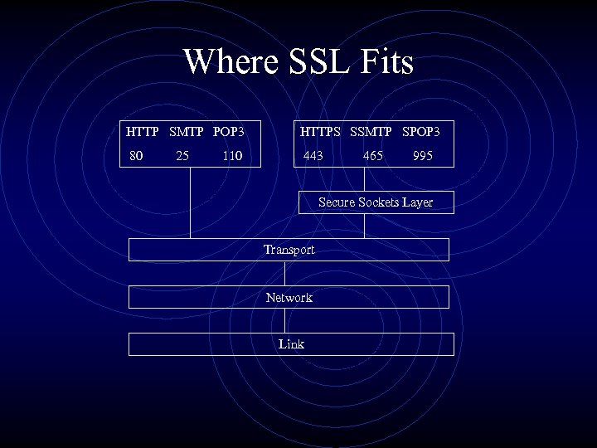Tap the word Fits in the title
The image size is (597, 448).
coord(383,62)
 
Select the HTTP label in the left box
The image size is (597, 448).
coord(143,131)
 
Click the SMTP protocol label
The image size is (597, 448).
coord(187,131)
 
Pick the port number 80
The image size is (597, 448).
coord(136,155)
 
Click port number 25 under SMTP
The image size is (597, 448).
coord(182,155)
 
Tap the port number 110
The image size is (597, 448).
coord(233,155)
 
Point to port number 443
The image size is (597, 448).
coord(313,155)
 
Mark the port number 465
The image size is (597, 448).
coord(373,155)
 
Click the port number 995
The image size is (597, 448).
coord(422,155)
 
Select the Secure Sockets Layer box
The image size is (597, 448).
coord(376,202)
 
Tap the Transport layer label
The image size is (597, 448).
coord(289,249)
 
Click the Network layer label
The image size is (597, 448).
coord(289,297)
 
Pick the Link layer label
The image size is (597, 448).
coord(291,343)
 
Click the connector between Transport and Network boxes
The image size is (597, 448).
coord(284,273)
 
